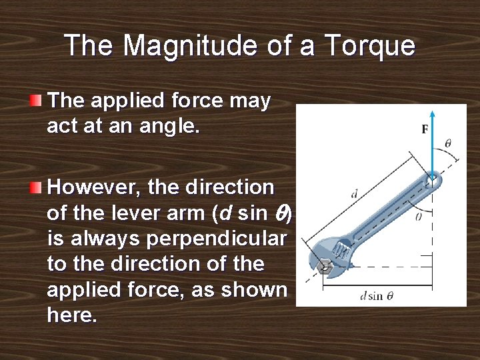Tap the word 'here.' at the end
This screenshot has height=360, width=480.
[x=72, y=315]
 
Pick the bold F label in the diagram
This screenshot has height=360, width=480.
[x=425, y=130]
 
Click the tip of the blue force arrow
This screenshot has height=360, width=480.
[x=433, y=113]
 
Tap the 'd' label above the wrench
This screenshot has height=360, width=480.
[x=354, y=194]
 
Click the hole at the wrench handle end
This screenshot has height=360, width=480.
[x=432, y=178]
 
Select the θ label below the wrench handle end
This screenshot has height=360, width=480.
[x=419, y=216]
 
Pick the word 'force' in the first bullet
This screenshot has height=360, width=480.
[x=196, y=101]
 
